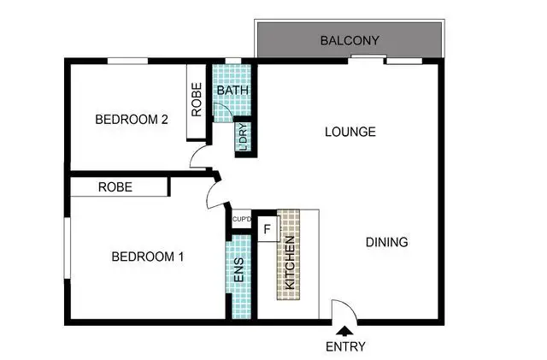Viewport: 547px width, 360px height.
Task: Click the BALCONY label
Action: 349,41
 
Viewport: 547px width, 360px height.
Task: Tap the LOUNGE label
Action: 350,133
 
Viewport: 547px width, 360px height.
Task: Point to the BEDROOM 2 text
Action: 131,120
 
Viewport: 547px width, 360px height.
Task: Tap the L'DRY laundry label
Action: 243,137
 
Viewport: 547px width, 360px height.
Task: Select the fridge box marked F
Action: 267,229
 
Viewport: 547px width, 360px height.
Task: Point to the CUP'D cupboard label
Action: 242,220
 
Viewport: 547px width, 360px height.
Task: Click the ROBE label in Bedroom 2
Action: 197,98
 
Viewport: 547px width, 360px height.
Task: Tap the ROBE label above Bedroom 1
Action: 115,186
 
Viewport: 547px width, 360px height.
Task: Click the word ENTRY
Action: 345,346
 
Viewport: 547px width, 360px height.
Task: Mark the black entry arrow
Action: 345,331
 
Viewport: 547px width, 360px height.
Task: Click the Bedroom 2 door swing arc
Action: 199,156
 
